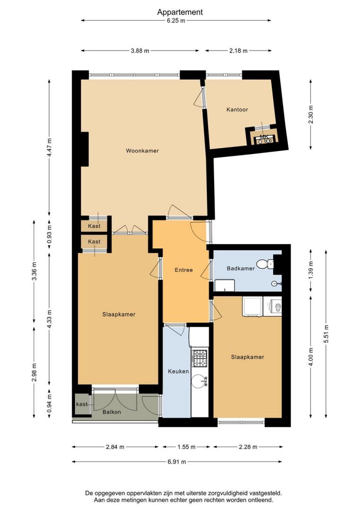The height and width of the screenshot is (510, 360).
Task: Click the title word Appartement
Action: pyautogui.click(x=180, y=12)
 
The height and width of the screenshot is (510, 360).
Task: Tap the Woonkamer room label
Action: pyautogui.click(x=142, y=151)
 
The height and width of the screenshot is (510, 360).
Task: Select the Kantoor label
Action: pyautogui.click(x=237, y=110)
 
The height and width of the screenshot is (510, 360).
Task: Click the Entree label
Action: pyautogui.click(x=184, y=270)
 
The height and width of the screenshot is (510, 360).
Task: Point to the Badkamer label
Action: pyautogui.click(x=241, y=268)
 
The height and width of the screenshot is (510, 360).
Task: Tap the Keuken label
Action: pyautogui.click(x=178, y=371)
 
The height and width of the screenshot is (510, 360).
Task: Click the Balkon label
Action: pyautogui.click(x=112, y=412)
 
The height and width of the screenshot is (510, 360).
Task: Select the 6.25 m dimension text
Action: pyautogui.click(x=176, y=20)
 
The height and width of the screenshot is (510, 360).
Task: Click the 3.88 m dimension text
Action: pyautogui.click(x=140, y=51)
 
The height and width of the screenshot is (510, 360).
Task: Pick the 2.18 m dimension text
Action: pyautogui.click(x=238, y=51)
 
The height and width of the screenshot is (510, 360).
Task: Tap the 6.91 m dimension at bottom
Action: pyautogui.click(x=177, y=461)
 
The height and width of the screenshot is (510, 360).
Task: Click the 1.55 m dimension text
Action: pyautogui.click(x=186, y=447)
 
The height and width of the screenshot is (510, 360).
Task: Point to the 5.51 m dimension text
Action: pyautogui.click(x=326, y=334)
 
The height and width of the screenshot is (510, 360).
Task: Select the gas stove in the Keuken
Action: pyautogui.click(x=200, y=357)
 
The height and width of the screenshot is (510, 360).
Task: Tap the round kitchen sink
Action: pyautogui.click(x=199, y=381)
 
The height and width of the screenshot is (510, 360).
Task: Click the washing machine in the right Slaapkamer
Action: pyautogui.click(x=275, y=307)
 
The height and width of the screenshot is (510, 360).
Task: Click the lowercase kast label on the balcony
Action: pyautogui.click(x=82, y=404)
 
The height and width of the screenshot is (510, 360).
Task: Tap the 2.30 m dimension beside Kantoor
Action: pyautogui.click(x=311, y=115)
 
